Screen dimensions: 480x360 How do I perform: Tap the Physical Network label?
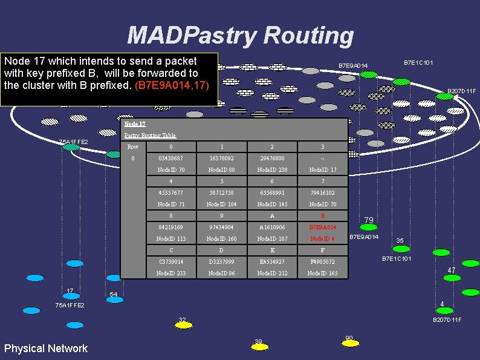[x=45, y=348]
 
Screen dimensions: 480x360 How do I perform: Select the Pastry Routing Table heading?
[x=150, y=135]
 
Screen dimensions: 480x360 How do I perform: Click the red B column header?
[x=322, y=215]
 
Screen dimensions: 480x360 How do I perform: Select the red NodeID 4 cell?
[x=322, y=238]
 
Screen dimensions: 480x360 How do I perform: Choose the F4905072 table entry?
[x=322, y=261]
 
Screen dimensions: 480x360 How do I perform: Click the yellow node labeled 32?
[x=182, y=326]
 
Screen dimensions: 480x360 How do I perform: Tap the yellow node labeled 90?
[x=349, y=342]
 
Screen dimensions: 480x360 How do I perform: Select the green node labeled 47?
[x=451, y=278]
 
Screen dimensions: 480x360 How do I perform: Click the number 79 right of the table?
[x=369, y=220]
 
